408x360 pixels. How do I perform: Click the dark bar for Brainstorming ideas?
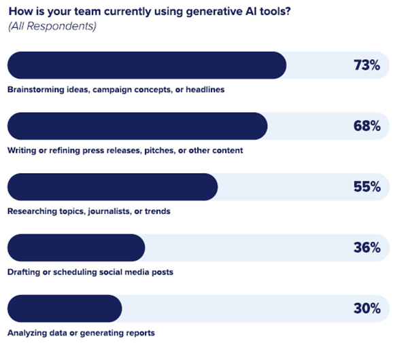tap(146, 65)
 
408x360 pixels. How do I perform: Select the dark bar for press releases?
tap(137, 126)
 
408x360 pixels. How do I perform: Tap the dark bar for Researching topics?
tap(112, 187)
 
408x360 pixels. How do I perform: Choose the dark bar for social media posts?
tap(75, 248)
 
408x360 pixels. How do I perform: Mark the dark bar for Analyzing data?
tap(64, 308)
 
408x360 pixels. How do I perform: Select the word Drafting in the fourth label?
tap(23, 272)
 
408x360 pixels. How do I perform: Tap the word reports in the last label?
tap(140, 333)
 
